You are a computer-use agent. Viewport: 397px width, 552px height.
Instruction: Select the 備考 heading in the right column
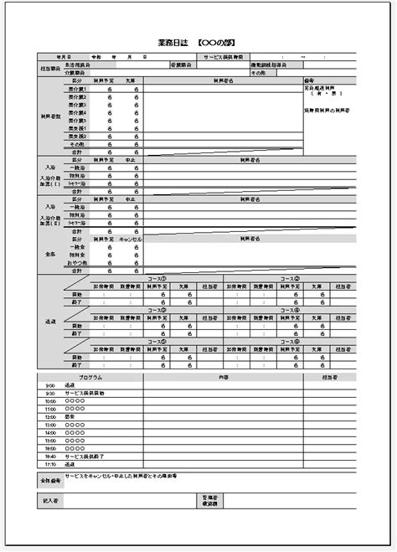pos(308,80)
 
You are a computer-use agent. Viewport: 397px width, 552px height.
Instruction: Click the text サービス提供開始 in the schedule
pos(85,393)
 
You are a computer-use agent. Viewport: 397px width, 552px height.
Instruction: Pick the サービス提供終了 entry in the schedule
pos(85,456)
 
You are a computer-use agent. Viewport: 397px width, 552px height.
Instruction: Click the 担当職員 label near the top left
pos(49,68)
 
